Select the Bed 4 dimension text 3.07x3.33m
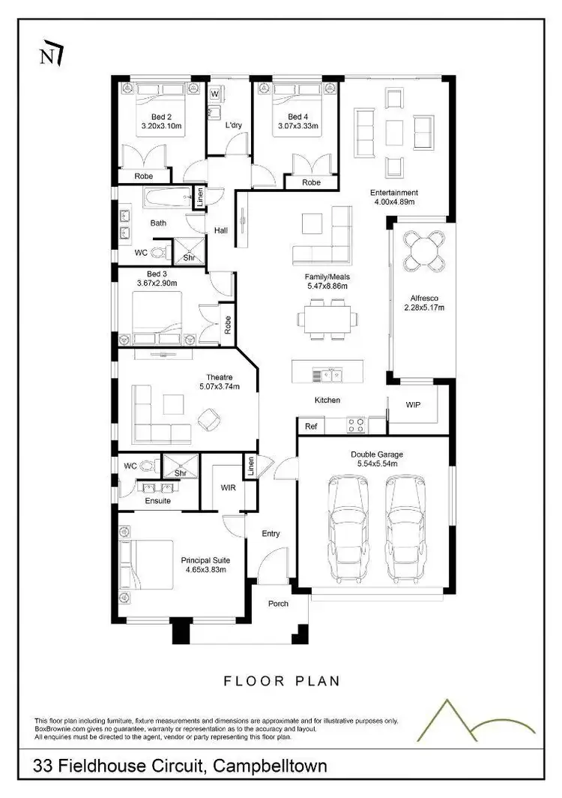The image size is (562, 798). [x=297, y=127]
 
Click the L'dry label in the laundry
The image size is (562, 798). [x=233, y=125]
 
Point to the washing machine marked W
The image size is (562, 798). [x=214, y=94]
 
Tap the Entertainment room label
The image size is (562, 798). [x=393, y=192]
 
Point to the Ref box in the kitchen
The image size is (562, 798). [x=311, y=426]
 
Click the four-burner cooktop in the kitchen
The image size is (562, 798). [x=355, y=425]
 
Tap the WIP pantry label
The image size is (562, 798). [x=413, y=404]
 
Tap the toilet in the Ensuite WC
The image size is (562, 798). [x=148, y=466]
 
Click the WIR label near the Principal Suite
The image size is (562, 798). [x=228, y=487]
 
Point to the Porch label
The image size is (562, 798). [x=278, y=603]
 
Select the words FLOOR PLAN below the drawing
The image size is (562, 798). [x=281, y=681]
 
